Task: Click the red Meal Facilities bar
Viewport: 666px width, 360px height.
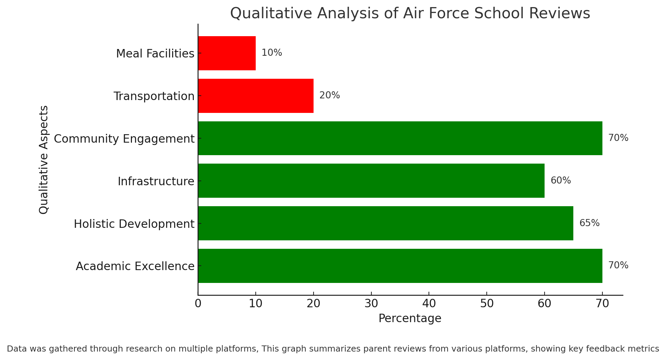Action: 227,53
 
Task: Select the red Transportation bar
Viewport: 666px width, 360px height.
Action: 256,96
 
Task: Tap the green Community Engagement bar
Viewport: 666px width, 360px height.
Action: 400,138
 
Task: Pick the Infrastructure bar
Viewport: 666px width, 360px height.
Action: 371,181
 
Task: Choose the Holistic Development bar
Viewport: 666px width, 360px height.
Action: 386,223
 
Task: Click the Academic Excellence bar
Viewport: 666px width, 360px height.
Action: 400,266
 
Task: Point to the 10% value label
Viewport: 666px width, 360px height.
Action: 272,53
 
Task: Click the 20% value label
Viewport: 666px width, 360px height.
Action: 329,95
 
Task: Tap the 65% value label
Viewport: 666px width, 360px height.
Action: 589,223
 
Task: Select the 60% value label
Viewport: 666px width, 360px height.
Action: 560,181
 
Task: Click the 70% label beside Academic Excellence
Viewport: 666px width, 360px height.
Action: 618,265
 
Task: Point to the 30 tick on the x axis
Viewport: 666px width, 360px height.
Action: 371,304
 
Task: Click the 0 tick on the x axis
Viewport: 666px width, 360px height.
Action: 198,304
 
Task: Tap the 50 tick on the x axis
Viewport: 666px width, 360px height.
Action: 487,304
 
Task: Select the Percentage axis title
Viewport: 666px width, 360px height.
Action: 410,318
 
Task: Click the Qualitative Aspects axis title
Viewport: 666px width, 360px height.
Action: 44,160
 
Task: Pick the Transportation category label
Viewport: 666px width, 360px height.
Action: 154,96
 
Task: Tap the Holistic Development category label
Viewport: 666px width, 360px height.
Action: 134,224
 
